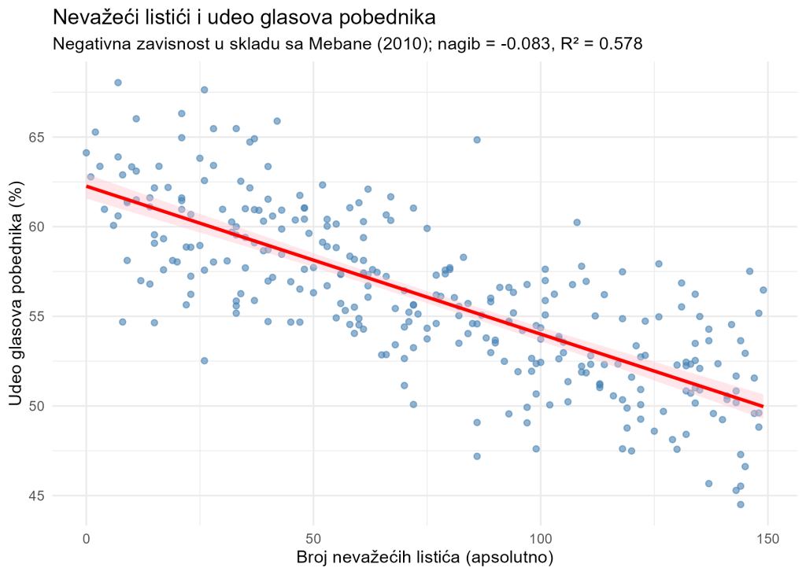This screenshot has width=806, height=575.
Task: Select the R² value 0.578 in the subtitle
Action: [621, 44]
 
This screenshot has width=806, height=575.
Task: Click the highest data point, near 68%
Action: [118, 83]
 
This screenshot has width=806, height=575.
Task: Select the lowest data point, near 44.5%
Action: [741, 504]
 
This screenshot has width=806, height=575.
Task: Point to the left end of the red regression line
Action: [87, 186]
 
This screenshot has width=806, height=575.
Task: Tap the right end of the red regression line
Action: [763, 406]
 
